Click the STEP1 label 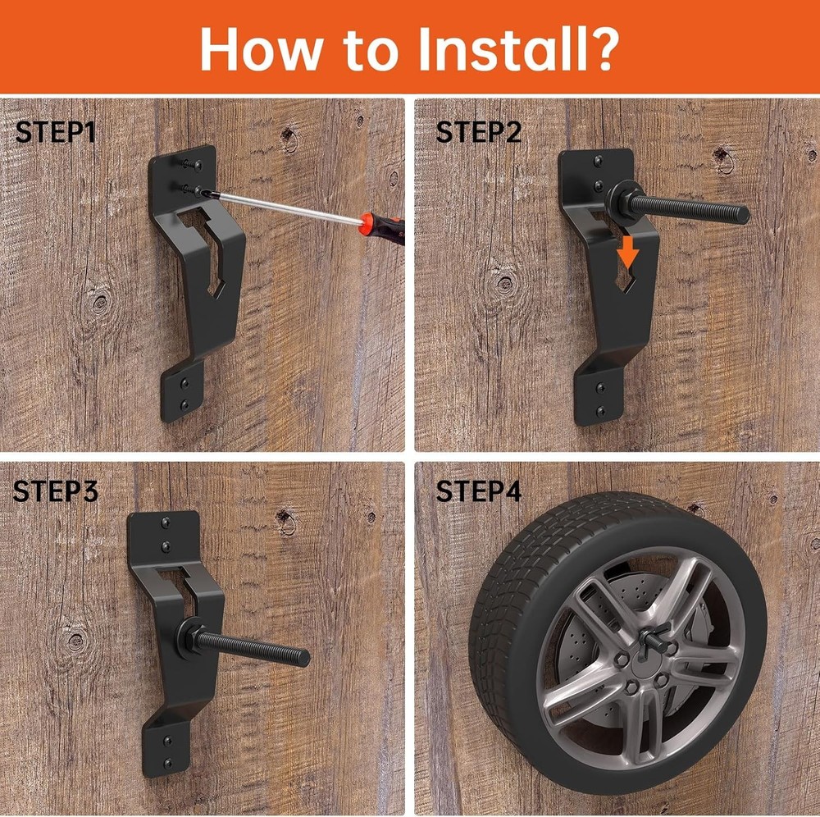click(56, 132)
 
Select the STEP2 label click(479, 132)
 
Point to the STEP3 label click(56, 491)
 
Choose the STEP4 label click(479, 491)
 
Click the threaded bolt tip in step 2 click(741, 214)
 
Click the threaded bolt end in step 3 click(303, 657)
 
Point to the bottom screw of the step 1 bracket click(184, 404)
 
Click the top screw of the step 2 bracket click(599, 161)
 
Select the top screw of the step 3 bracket click(166, 522)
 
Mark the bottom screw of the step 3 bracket click(168, 762)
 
